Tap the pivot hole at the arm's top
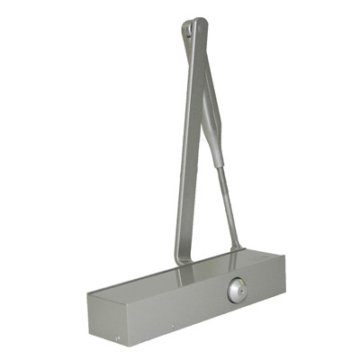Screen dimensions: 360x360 tap(188, 34)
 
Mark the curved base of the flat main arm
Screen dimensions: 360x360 tap(181, 256)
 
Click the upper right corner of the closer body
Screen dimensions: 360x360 tap(283, 256)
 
